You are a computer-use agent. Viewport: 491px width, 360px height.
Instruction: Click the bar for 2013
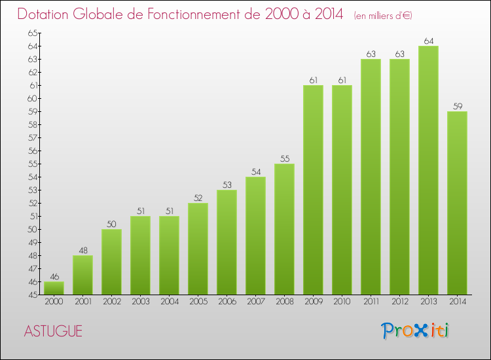coord(428,170)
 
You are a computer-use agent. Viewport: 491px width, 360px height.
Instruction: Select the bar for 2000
coord(54,288)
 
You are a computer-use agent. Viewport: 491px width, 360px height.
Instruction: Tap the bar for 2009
coord(313,190)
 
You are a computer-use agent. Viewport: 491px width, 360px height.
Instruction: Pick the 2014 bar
coord(457,203)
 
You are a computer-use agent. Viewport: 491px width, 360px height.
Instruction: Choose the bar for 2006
coord(227,242)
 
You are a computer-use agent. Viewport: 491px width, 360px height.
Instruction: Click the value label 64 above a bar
coord(428,41)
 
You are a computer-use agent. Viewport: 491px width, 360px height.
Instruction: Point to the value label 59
coord(457,107)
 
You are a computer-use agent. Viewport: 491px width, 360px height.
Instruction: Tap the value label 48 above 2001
coord(82,251)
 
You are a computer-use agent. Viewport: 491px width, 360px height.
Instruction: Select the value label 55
coord(284,159)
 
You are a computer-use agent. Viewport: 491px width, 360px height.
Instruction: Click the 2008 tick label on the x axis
coord(284,302)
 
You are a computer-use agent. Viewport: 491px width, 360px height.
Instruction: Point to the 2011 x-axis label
coord(371,302)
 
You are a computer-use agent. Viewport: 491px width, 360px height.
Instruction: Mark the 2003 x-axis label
coord(140,302)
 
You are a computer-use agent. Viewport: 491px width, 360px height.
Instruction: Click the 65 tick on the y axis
coord(33,33)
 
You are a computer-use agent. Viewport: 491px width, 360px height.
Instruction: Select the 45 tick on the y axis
coord(33,295)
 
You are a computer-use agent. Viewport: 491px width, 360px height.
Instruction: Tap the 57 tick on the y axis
coord(33,137)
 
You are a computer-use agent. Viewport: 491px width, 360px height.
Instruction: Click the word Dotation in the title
coord(48,14)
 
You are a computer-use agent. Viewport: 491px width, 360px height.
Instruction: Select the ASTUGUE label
coord(53,331)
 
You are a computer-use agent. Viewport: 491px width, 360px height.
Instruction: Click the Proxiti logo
coord(414,331)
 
